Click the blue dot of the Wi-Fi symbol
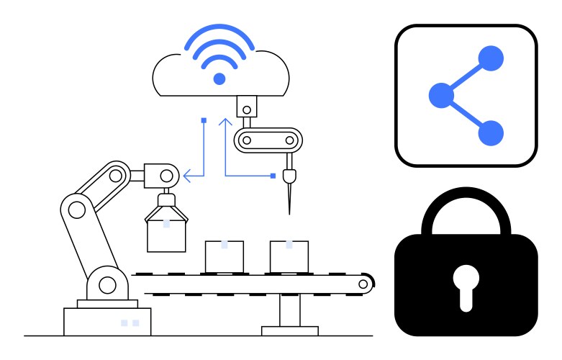point(219,78)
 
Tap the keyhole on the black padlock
point(466,283)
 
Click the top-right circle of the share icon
point(491,58)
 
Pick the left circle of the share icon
point(440,95)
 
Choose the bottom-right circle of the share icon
point(491,132)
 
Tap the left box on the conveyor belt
point(225,256)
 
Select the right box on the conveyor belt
point(289,256)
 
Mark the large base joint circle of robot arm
point(107,285)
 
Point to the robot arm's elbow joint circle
point(74,209)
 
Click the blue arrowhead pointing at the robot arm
point(186,174)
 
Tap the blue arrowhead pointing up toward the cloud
point(225,122)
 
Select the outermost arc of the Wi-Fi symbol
point(219,32)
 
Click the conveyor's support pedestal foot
point(289,331)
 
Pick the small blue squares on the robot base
point(130,323)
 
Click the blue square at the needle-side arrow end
point(273,175)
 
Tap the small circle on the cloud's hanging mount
point(246,110)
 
